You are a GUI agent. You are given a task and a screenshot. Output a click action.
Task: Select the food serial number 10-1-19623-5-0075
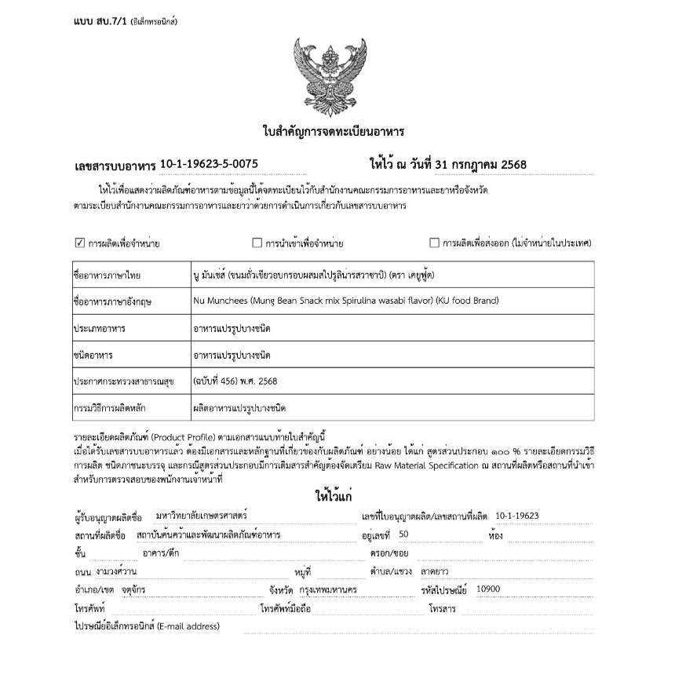pyautogui.click(x=209, y=164)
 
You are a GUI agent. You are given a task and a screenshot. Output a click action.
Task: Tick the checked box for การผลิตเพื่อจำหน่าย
pyautogui.click(x=79, y=243)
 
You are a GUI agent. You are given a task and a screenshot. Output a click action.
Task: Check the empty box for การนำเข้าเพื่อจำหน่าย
pyautogui.click(x=257, y=243)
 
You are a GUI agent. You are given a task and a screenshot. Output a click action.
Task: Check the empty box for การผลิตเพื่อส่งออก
pyautogui.click(x=434, y=243)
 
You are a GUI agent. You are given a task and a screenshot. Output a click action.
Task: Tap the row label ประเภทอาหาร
pyautogui.click(x=100, y=327)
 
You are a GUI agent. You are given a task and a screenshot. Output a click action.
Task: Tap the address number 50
pyautogui.click(x=403, y=535)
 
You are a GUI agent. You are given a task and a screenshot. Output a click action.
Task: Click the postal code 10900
pyautogui.click(x=488, y=589)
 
